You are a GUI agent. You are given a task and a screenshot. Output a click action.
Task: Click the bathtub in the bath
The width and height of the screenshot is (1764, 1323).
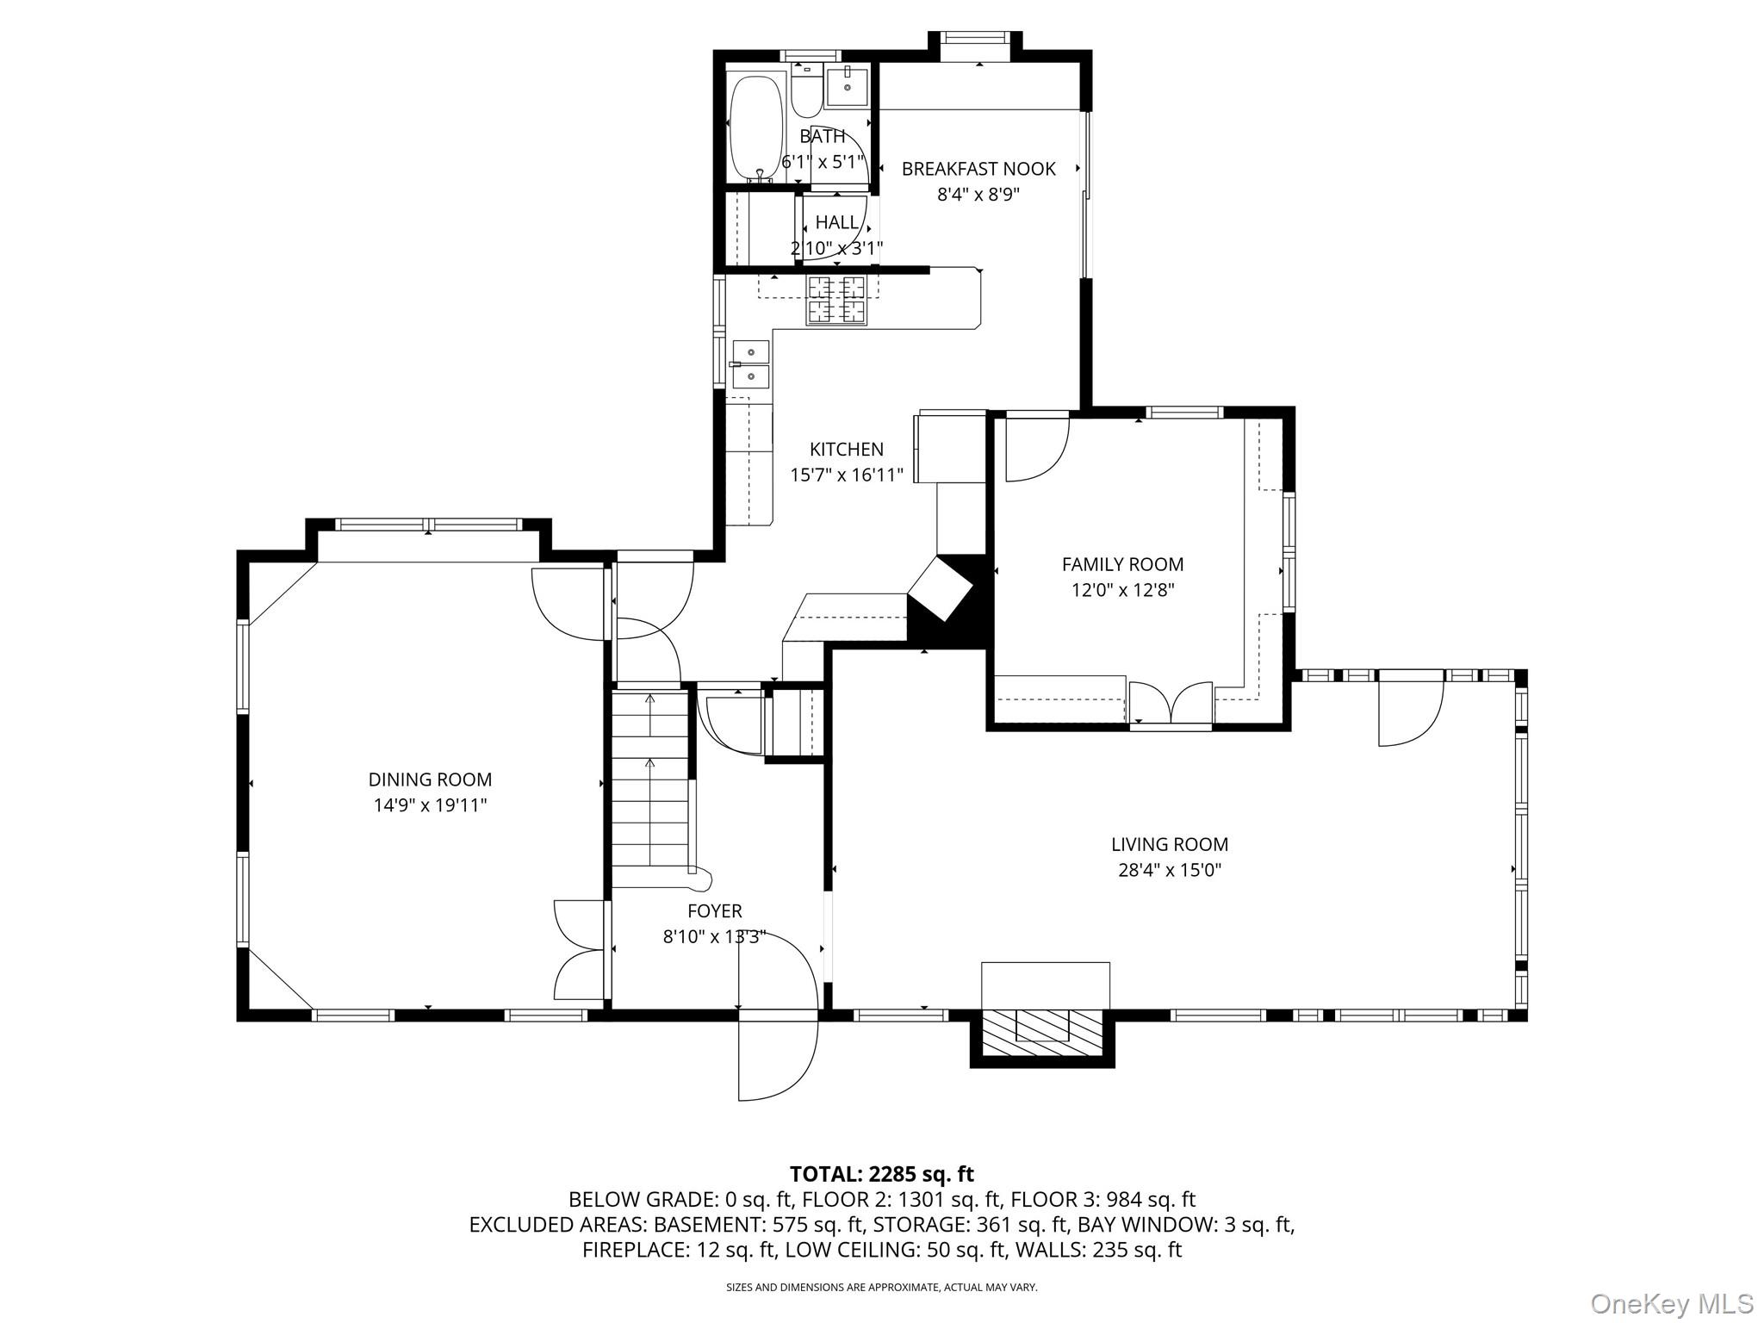tap(756, 127)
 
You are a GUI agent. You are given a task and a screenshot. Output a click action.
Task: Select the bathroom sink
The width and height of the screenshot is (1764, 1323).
tap(848, 87)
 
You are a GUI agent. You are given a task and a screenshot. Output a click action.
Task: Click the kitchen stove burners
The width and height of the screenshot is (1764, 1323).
tap(835, 300)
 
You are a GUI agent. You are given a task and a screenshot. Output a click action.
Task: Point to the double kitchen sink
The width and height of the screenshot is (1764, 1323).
tap(750, 364)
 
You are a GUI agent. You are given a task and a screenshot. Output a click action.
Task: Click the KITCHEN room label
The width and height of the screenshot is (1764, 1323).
tap(846, 449)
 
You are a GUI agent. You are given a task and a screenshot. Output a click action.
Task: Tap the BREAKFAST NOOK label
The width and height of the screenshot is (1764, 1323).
tap(978, 169)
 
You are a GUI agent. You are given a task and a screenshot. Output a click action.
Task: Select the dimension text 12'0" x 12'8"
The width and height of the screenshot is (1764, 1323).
tap(1122, 590)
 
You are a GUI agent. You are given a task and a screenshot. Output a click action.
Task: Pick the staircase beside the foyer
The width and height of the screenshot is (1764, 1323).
tap(650, 784)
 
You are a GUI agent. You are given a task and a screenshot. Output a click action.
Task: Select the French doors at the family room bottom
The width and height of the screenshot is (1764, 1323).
tap(1170, 702)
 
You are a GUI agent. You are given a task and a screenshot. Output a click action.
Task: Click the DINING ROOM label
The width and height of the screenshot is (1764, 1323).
tap(430, 780)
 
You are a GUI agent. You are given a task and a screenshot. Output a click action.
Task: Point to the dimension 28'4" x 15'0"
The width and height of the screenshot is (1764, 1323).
tap(1169, 870)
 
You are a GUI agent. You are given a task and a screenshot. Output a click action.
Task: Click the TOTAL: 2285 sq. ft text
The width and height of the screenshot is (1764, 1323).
tap(881, 1174)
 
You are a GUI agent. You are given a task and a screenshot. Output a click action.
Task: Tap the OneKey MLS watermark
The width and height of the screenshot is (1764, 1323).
tap(1671, 1303)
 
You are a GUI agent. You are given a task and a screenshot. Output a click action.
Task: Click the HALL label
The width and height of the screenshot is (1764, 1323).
tap(836, 222)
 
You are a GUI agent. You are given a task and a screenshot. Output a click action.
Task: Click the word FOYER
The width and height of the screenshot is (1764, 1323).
tap(714, 910)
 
